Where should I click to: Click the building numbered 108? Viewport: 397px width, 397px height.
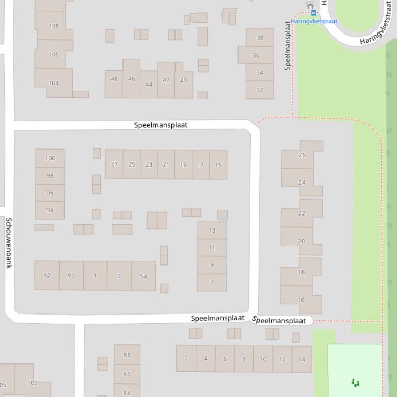point(54,26)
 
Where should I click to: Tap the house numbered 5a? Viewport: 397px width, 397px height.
point(144,276)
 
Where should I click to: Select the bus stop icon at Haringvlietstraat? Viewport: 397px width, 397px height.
point(313,13)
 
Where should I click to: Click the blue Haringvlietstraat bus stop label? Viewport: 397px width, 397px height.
point(314,21)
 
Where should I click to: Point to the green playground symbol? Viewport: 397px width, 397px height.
point(355,383)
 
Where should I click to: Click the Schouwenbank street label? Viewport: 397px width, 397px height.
point(9,242)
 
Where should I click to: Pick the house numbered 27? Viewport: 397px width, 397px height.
point(114,164)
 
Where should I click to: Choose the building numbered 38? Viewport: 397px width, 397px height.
point(260,38)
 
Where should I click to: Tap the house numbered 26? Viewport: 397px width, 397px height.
point(302,155)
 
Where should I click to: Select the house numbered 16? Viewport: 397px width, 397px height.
point(301,300)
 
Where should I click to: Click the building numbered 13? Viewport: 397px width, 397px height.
point(212,230)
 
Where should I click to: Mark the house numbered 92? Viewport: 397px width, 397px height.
point(47,276)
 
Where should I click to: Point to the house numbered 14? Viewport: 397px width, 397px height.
point(301,359)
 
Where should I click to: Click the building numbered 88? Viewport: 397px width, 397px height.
point(127,355)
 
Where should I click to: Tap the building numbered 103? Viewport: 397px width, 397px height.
point(33,383)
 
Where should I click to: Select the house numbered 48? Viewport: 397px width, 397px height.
point(114,80)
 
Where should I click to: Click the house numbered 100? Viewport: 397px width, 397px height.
point(50,158)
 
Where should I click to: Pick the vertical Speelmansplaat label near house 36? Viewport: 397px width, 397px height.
point(288,45)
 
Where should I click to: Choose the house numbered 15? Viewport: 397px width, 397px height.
point(218,165)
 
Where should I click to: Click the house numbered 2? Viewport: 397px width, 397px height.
point(186,359)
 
